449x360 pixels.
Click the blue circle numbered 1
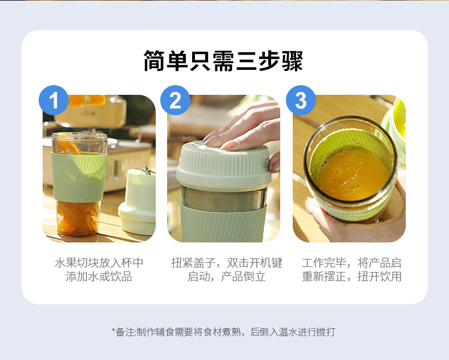[53, 100]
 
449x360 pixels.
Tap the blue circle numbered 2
[175, 100]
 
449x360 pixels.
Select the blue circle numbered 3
[301, 100]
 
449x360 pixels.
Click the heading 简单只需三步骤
[223, 61]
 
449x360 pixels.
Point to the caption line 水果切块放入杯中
[99, 263]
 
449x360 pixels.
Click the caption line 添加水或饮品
[99, 277]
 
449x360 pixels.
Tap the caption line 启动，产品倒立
[227, 277]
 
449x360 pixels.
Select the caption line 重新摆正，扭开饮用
[352, 277]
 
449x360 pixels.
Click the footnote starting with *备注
[223, 332]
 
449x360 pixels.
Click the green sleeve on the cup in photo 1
[79, 177]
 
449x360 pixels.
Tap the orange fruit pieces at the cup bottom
[78, 217]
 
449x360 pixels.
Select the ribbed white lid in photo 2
[224, 165]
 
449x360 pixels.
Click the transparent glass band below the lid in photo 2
[224, 198]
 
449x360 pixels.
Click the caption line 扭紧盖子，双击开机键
[227, 263]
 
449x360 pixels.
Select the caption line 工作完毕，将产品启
[352, 263]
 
